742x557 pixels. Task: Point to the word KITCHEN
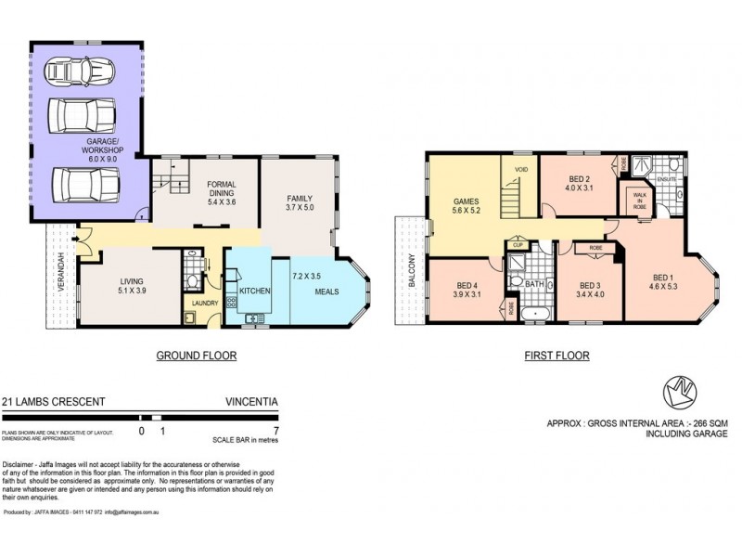point(255,291)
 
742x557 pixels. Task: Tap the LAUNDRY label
point(204,303)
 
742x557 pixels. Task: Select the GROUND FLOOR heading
point(196,356)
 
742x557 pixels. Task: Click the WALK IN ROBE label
point(641,202)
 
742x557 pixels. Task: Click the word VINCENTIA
point(250,402)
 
